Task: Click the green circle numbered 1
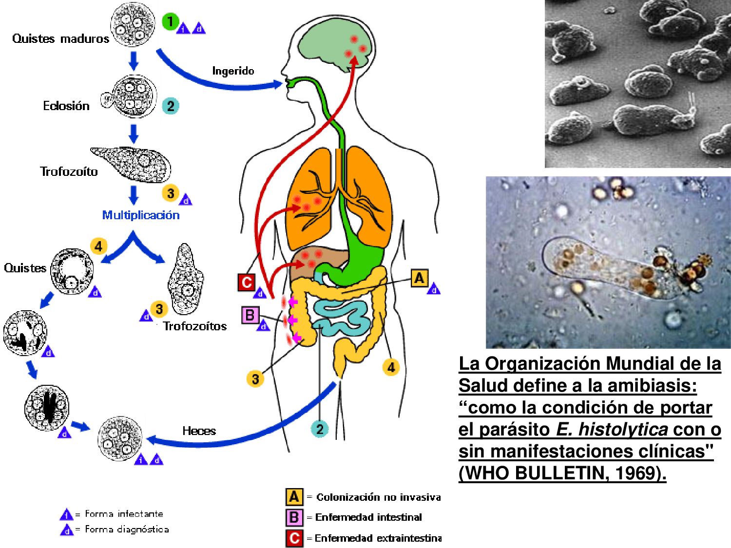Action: click(170, 22)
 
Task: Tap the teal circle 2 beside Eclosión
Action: click(170, 106)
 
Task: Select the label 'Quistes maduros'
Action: click(60, 38)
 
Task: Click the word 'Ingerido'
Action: click(233, 71)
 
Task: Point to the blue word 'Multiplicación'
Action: click(141, 215)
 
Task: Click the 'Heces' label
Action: click(199, 431)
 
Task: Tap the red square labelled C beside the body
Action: click(247, 282)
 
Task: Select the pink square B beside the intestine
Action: click(250, 315)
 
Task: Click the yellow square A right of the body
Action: click(419, 278)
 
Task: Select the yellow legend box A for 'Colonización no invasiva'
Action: click(294, 496)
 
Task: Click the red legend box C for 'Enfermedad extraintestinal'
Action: click(294, 538)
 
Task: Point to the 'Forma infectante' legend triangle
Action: click(66, 514)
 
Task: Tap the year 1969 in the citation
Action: click(636, 473)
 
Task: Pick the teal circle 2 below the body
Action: click(320, 429)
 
